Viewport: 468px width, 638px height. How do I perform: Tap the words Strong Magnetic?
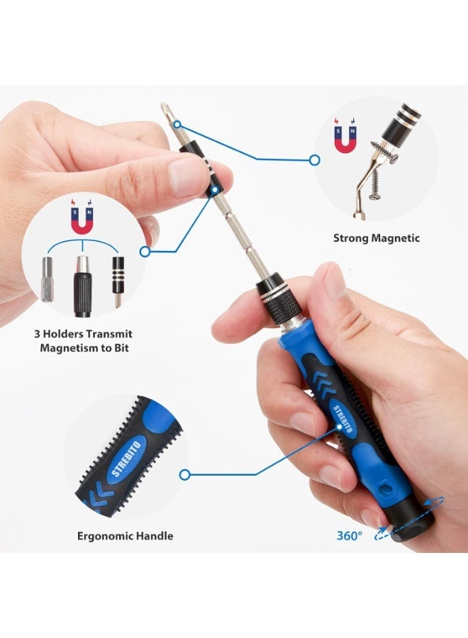(377, 238)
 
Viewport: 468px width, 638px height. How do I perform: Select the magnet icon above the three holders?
(82, 216)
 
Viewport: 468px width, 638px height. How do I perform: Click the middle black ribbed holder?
(83, 285)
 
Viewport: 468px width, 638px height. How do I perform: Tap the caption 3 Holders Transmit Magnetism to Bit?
(84, 341)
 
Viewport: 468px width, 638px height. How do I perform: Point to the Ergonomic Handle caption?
(125, 536)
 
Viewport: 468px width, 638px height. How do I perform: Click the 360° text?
(349, 535)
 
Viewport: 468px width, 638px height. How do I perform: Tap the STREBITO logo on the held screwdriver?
(343, 419)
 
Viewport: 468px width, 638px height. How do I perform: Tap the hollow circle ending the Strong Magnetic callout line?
(314, 160)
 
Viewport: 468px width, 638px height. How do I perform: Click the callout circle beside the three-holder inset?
(145, 252)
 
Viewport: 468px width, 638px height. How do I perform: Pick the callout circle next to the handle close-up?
(185, 474)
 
